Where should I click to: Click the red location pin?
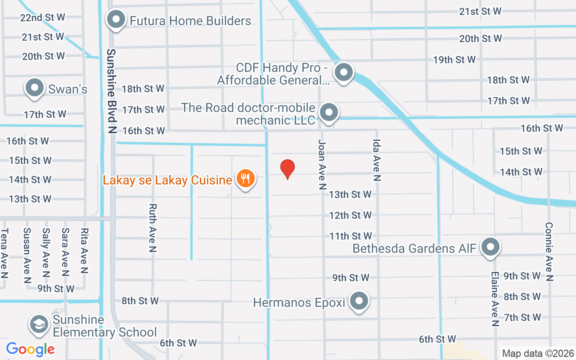point(288,169)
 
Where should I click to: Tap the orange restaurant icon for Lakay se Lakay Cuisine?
point(245,179)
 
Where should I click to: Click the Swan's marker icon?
point(35,88)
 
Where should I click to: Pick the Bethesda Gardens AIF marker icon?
point(490,247)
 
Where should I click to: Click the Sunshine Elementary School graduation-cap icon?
point(39,324)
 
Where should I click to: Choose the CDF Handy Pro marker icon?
point(344,72)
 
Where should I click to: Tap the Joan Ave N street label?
point(322,164)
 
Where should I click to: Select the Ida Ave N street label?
point(377,160)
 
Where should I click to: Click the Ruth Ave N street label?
point(153,228)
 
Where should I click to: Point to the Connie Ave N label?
point(549,252)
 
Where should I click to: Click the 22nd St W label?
point(43,18)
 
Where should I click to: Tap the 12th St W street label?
point(351,216)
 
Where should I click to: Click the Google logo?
point(31,349)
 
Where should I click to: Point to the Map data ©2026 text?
point(538,354)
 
